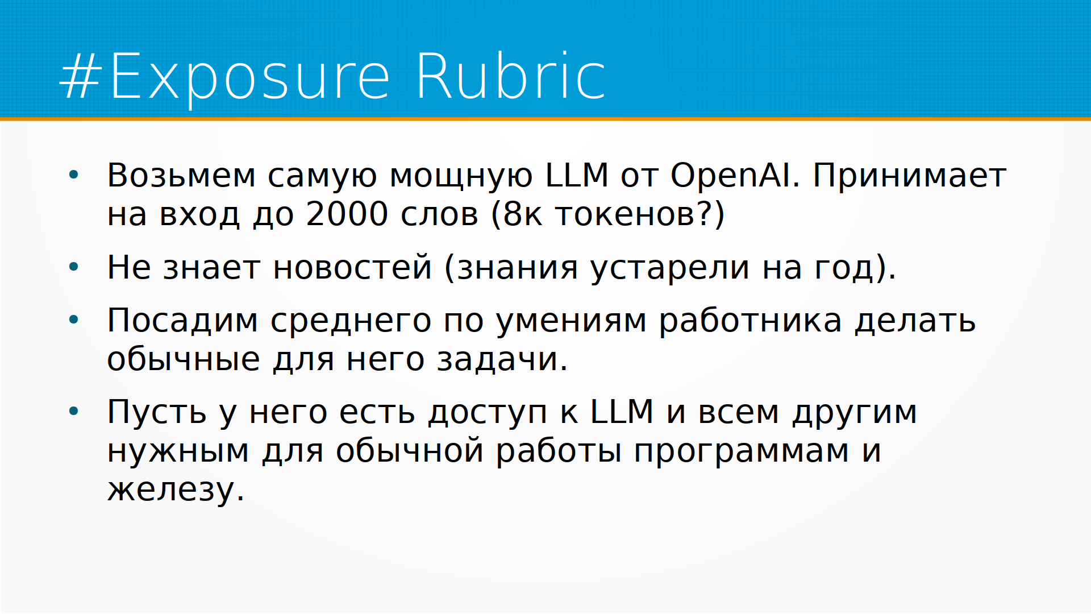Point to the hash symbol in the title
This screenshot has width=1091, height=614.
click(x=81, y=76)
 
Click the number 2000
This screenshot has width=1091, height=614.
click(x=347, y=214)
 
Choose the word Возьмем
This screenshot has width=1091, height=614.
click(x=181, y=175)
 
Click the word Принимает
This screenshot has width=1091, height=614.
click(x=910, y=176)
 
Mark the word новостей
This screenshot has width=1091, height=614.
click(x=352, y=267)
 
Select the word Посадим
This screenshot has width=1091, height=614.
click(x=182, y=320)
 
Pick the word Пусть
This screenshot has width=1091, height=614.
click(x=157, y=412)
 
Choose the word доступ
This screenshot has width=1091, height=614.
click(x=488, y=413)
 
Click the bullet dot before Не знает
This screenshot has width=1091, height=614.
click(x=74, y=267)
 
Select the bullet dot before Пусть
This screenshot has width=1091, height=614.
click(x=74, y=411)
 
